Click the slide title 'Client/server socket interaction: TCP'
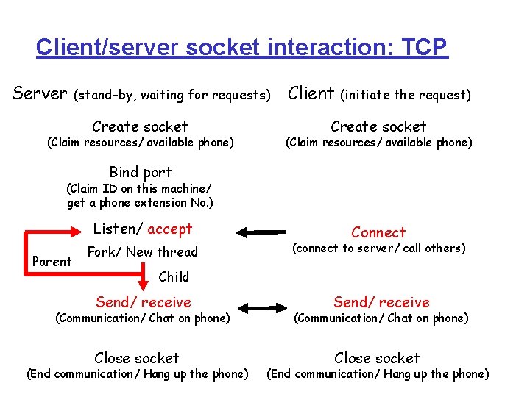241,48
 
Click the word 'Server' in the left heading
40,93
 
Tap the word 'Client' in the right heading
311,93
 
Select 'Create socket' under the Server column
140,126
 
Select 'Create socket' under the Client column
378,126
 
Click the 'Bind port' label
140,172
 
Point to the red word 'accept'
169,229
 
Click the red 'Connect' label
378,232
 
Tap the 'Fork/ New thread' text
143,252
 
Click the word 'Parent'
52,262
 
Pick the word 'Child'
174,277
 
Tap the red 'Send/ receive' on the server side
144,302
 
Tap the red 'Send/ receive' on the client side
381,302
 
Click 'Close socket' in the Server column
137,358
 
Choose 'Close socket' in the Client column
377,358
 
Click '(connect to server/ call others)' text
379,248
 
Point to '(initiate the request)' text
405,95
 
